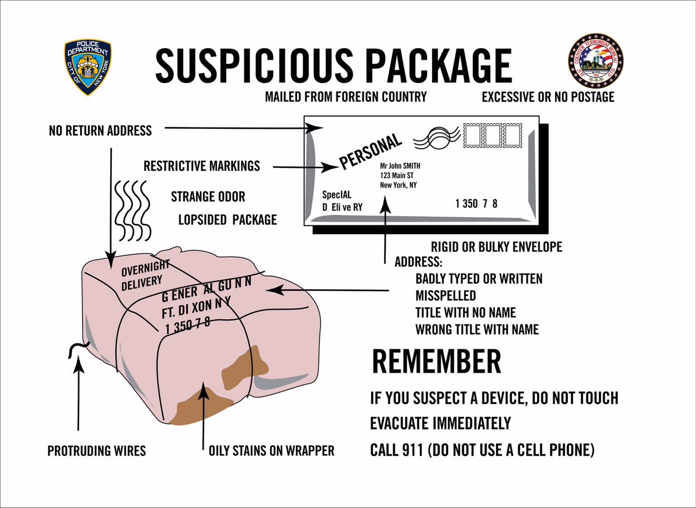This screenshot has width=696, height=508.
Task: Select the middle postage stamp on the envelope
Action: click(x=492, y=136)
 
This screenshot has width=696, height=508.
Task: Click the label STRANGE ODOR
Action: click(x=208, y=197)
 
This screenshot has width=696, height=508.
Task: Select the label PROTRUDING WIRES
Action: click(x=96, y=451)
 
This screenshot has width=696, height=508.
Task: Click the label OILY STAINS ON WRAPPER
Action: click(x=271, y=451)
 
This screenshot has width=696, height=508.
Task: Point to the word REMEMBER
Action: click(x=436, y=362)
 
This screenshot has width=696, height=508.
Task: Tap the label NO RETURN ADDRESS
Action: click(x=100, y=130)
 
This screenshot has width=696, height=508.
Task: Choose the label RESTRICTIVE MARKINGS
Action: click(x=202, y=166)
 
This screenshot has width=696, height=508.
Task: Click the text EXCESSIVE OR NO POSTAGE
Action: click(x=548, y=97)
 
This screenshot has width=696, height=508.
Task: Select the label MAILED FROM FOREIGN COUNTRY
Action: click(x=346, y=97)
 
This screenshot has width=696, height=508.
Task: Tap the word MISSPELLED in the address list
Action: click(x=445, y=295)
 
